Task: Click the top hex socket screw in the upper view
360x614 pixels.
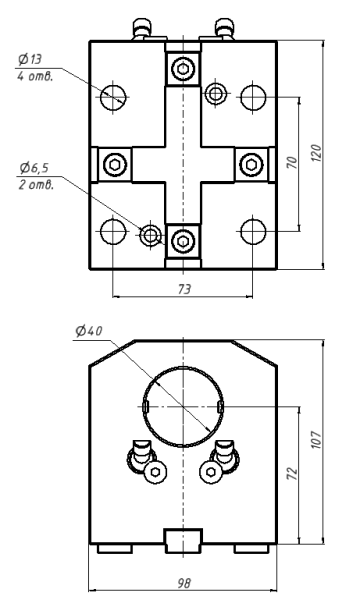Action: tap(181, 69)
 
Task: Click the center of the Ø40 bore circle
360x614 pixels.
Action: tap(182, 406)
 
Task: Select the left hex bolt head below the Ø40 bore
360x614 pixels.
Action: tap(154, 472)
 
